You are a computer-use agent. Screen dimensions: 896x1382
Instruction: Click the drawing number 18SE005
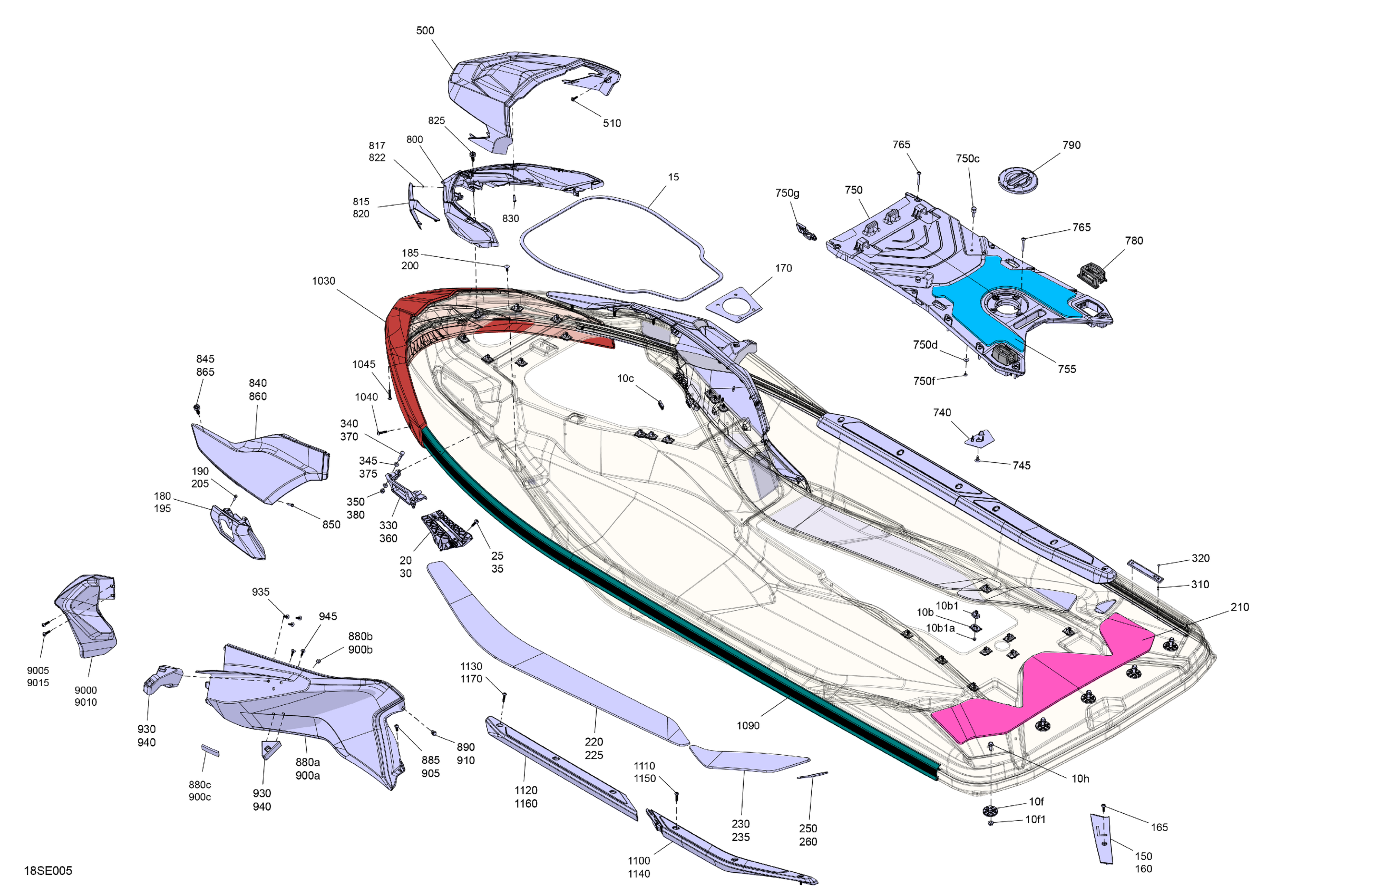coord(48,871)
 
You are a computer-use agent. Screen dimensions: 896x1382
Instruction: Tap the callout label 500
coord(425,30)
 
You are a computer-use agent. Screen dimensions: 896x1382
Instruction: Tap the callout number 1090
coord(748,725)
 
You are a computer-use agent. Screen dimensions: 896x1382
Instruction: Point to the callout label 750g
coord(787,193)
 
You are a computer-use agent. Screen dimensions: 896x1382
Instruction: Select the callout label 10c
coord(626,378)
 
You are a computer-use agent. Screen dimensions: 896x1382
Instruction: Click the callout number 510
coord(612,123)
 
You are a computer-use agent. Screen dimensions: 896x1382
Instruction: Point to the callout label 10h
coord(1081,778)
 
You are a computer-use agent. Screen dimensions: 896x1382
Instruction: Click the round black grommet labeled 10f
coord(990,810)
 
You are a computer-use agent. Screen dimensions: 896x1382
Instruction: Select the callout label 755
coord(1067,369)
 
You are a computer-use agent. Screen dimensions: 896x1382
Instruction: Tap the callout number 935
coord(261,592)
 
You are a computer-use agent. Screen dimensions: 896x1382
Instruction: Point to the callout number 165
coord(1160,827)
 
